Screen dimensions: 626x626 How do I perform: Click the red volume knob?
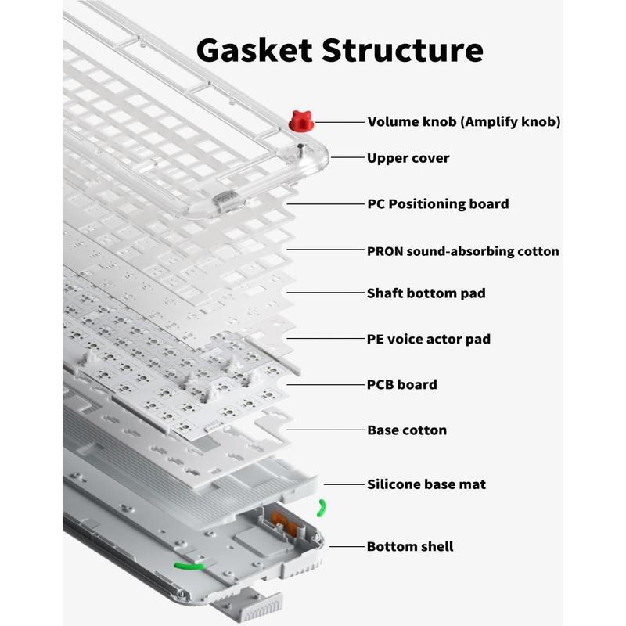pyautogui.click(x=300, y=121)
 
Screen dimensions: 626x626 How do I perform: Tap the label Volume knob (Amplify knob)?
pyautogui.click(x=463, y=122)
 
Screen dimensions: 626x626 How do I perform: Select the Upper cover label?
pyautogui.click(x=408, y=158)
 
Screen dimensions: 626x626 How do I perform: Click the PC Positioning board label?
pyautogui.click(x=437, y=204)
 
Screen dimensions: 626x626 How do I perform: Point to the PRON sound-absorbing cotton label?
pyautogui.click(x=462, y=251)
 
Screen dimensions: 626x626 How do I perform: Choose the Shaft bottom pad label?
pyautogui.click(x=426, y=293)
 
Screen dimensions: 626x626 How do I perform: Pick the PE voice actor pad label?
pyautogui.click(x=429, y=339)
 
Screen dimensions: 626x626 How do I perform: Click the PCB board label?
pyautogui.click(x=401, y=384)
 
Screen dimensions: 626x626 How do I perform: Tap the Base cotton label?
pyautogui.click(x=407, y=430)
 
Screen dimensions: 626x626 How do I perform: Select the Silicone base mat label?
pyautogui.click(x=426, y=484)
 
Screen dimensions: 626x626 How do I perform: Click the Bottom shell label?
pyautogui.click(x=409, y=546)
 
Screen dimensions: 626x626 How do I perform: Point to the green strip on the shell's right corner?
pyautogui.click(x=322, y=509)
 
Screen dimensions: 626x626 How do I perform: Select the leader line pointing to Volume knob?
pyautogui.click(x=337, y=122)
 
